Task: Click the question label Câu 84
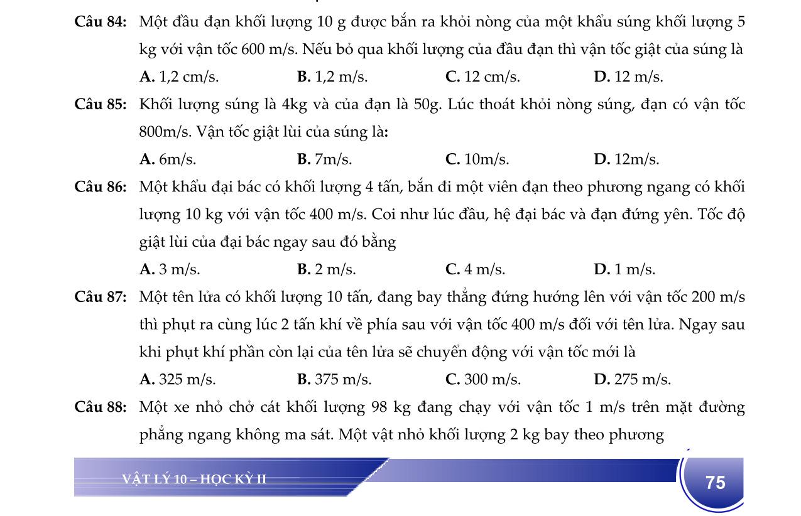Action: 101,23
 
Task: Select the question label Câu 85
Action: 101,105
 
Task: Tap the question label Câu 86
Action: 101,187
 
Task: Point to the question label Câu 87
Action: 101,297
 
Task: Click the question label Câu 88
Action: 101,407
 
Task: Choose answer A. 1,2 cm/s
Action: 179,77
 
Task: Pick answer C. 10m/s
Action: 477,159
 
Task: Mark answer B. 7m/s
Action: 324,159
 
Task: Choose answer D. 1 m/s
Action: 624,270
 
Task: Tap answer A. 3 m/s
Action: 170,270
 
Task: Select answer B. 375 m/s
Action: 334,380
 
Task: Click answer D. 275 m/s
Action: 631,380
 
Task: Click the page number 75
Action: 715,482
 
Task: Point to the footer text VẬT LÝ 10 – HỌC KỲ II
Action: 194,480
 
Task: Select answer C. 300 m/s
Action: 482,380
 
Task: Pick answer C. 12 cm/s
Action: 482,77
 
